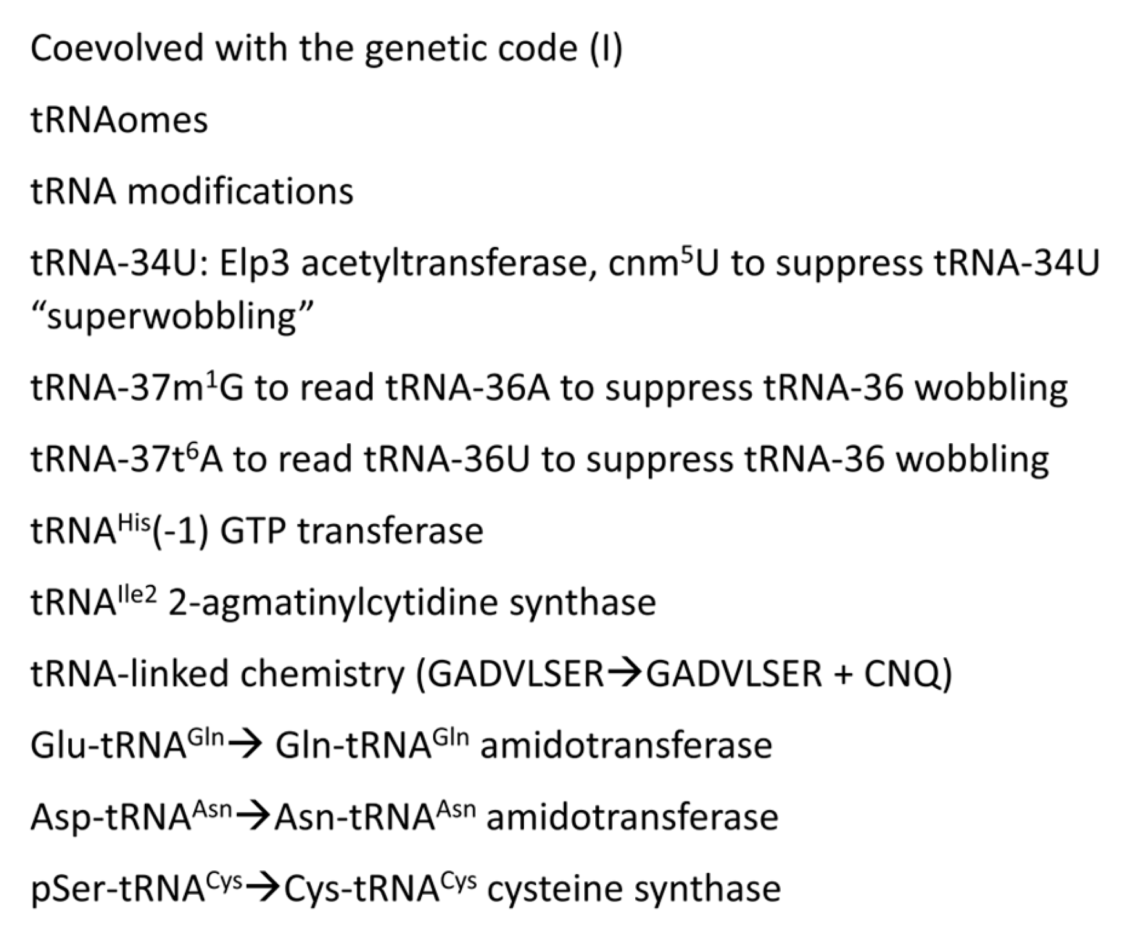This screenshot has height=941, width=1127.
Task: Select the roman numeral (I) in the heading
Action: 606,50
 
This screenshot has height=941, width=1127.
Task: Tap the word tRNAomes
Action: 119,120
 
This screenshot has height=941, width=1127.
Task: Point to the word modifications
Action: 240,192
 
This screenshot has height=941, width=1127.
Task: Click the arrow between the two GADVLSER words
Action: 624,674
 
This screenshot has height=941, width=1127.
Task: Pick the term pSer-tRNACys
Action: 136,888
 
